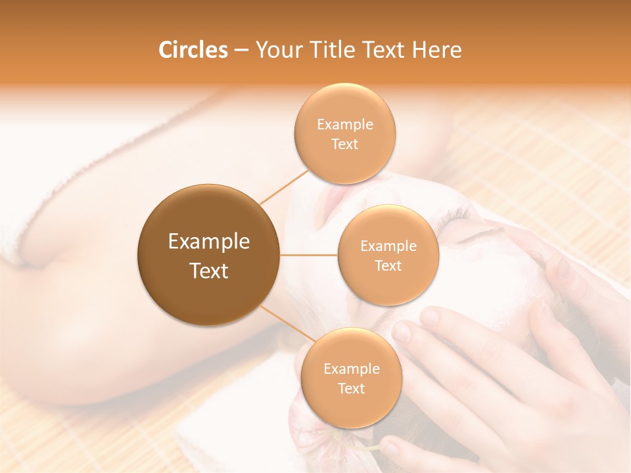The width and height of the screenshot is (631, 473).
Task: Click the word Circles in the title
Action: click(193, 50)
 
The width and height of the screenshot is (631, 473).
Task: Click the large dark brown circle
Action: click(209, 255)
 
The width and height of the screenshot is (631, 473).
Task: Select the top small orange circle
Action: click(345, 133)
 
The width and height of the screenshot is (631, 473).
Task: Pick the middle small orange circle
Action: click(388, 256)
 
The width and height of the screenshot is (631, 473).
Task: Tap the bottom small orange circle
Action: click(352, 378)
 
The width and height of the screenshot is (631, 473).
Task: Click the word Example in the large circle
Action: click(209, 242)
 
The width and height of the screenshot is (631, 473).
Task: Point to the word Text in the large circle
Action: click(209, 271)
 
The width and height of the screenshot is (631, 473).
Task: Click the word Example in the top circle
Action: click(345, 124)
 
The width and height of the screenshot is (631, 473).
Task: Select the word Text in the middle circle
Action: click(388, 265)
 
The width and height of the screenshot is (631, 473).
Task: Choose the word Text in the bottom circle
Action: click(352, 388)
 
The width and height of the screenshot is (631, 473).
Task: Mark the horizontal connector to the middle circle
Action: click(309, 255)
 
